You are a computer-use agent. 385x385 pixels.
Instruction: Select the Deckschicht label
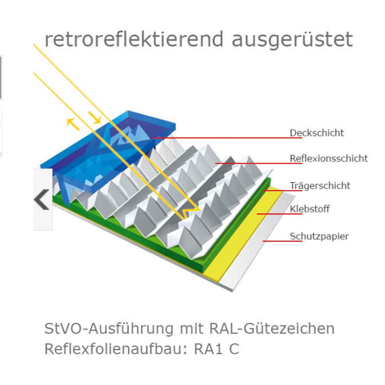[316, 133]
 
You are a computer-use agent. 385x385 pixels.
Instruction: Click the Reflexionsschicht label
[328, 158]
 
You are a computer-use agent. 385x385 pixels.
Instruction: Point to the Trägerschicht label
[320, 186]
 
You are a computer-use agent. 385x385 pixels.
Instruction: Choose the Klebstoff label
[310, 209]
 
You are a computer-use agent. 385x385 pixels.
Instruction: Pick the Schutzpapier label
[319, 236]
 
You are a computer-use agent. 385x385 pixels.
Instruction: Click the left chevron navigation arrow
[42, 199]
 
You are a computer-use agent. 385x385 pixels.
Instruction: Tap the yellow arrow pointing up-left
[72, 122]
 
